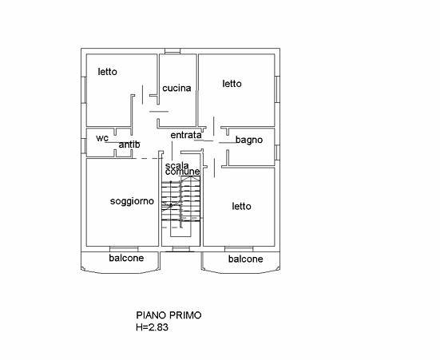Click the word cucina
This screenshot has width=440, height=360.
[176, 88]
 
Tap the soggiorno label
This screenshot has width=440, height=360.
[132, 201]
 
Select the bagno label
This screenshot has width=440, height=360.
[249, 140]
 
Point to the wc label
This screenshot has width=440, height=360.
[102, 138]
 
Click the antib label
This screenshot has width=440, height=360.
[129, 144]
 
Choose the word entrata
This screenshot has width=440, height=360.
[186, 135]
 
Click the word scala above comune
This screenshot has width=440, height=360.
[176, 165]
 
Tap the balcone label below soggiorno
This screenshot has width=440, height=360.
[126, 258]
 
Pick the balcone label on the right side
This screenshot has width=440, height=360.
[245, 259]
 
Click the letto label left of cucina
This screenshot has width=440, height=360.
[108, 72]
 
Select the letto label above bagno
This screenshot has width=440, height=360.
[232, 84]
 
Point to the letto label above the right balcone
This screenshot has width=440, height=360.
[241, 207]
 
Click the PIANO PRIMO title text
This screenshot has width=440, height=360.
[168, 315]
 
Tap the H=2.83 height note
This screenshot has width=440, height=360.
[152, 327]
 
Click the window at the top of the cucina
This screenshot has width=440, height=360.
[172, 51]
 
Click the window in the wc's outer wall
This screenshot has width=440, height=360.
[84, 146]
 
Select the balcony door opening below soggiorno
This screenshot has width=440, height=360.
[124, 249]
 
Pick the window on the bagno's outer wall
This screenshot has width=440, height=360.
[277, 152]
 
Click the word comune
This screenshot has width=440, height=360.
[182, 172]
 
